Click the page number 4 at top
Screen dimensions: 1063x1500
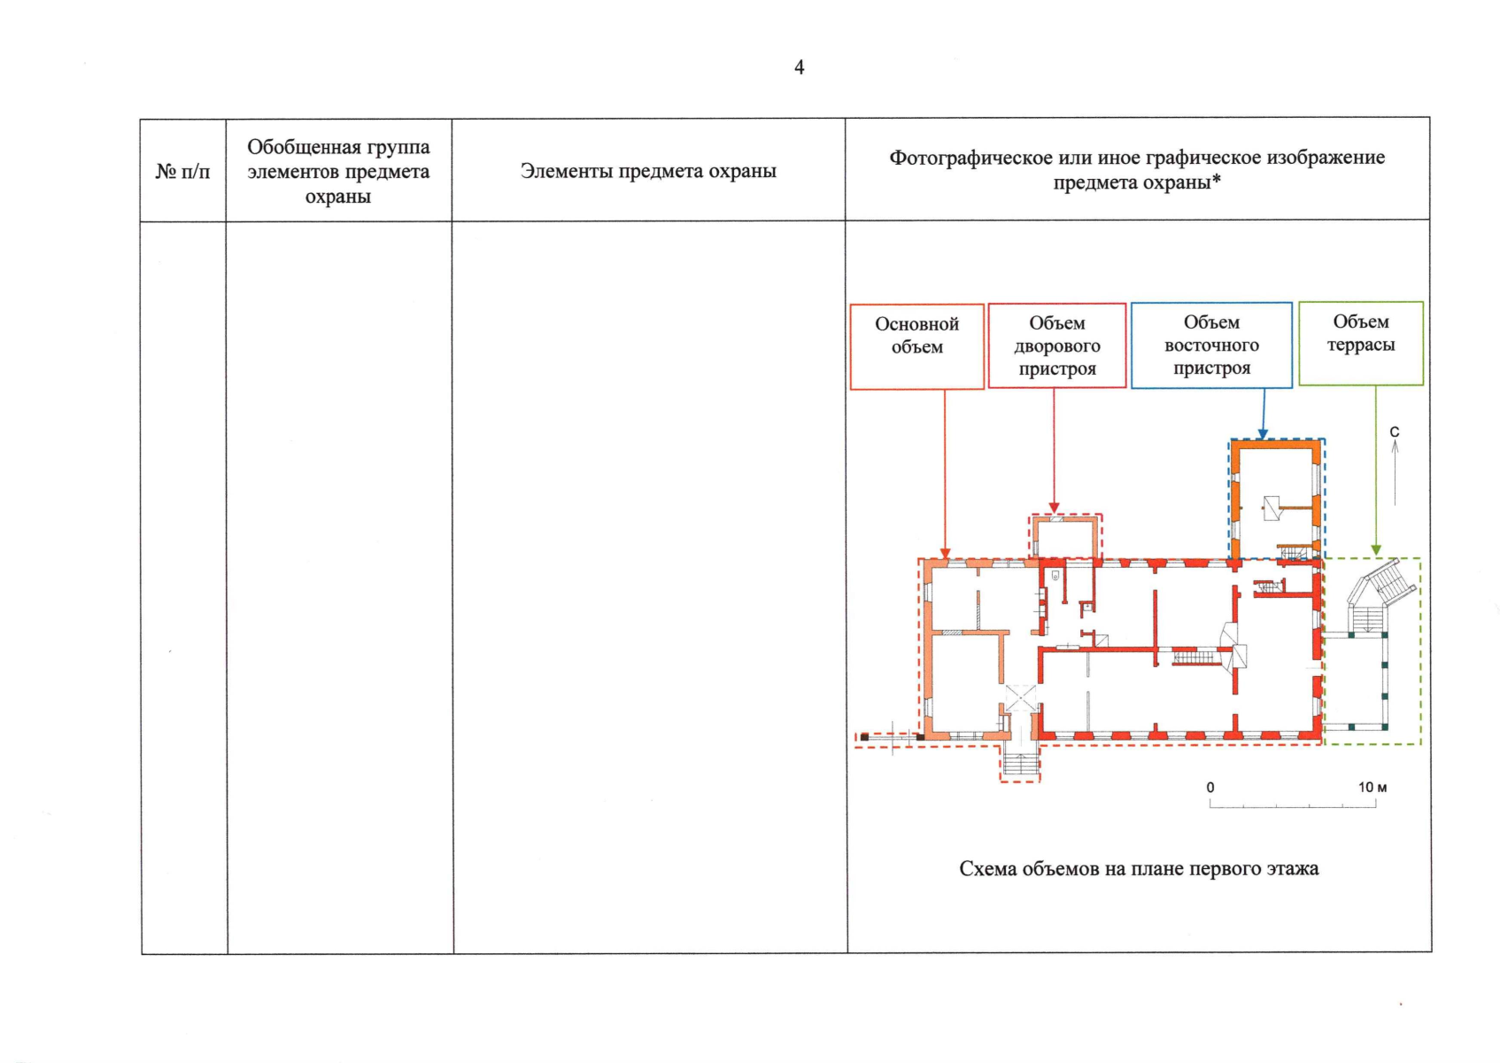[x=799, y=67]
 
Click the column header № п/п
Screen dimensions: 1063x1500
[x=182, y=171]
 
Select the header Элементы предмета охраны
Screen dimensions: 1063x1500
[x=648, y=171]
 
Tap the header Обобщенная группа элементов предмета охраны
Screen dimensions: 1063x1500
[x=338, y=171]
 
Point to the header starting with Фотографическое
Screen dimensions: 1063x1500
[x=1137, y=169]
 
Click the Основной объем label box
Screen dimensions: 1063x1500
[x=916, y=346]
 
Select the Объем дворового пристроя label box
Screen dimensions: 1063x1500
[x=1057, y=345]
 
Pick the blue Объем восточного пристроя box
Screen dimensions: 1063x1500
[x=1211, y=345]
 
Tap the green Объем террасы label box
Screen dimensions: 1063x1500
[x=1361, y=343]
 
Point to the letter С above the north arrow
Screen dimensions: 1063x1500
[x=1395, y=432]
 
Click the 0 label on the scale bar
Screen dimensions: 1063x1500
[x=1210, y=788]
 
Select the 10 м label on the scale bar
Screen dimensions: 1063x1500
[x=1372, y=787]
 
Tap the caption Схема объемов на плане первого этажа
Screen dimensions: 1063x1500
[x=1139, y=869]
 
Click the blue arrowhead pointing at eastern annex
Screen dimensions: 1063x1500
[x=1263, y=433]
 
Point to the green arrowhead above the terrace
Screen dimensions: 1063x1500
[x=1376, y=550]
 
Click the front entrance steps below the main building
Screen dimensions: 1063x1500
[x=1020, y=764]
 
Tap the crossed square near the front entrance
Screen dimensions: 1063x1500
[x=1020, y=697]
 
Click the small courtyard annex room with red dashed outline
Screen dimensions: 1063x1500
[x=1066, y=538]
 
